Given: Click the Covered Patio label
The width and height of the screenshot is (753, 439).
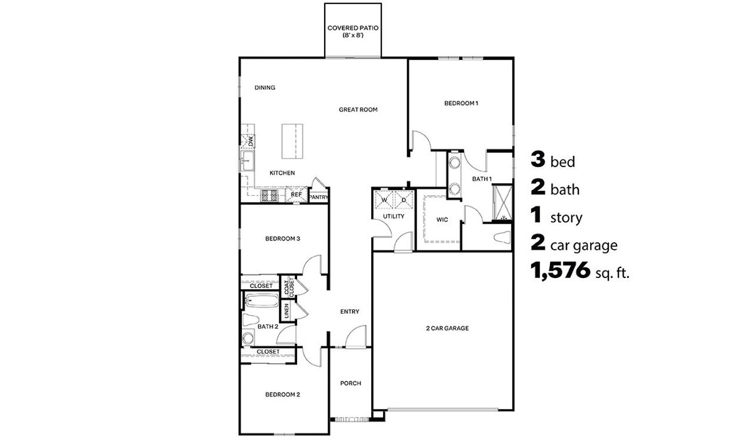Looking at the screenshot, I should [354, 31].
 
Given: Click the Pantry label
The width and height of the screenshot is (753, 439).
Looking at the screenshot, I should [318, 197].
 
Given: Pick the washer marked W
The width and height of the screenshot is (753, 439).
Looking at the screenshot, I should [383, 200].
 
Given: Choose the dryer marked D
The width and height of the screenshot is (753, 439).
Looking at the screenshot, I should [404, 200].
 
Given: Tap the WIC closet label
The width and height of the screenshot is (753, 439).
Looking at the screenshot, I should [442, 220].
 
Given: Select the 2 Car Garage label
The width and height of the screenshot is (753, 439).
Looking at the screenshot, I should [447, 328].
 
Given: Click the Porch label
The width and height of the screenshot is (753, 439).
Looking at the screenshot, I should [351, 383].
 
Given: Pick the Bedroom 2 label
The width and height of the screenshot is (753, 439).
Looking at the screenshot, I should [282, 394].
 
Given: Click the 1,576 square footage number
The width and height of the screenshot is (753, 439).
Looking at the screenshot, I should [560, 270].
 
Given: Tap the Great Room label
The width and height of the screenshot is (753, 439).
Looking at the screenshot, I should [358, 109].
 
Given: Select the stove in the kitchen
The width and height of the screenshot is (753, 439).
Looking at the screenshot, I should [269, 196].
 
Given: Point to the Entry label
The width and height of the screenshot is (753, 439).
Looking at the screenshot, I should [349, 311].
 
